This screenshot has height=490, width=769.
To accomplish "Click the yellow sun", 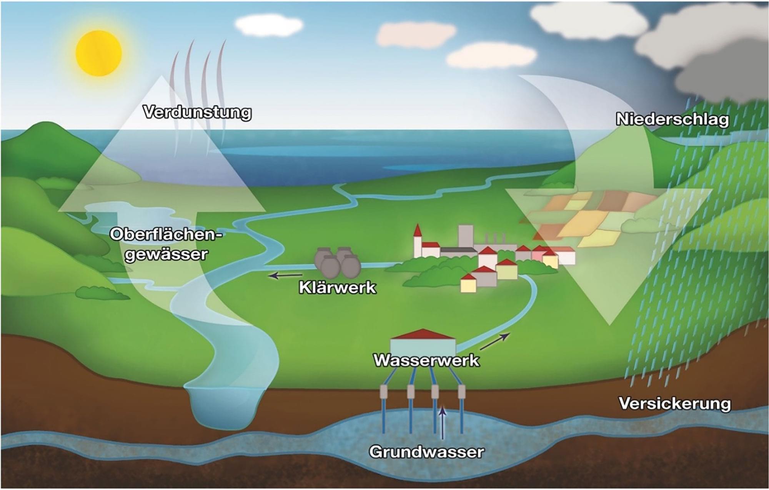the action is pos(99,53).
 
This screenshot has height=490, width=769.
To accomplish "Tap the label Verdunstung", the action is pos(197,113).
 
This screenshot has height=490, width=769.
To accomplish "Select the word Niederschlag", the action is pos(672,119).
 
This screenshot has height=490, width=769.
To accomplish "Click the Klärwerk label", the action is pos(337,287).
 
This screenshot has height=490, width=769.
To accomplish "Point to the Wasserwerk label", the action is pos(426,360).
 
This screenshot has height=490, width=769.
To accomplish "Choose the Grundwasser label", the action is pos(426,452).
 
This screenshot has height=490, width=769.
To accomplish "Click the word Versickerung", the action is pos(675,404).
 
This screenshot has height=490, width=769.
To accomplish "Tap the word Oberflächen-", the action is pos(166,234).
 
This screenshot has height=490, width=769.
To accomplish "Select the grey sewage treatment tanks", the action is pos(337,262).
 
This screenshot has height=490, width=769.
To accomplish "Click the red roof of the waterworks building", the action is pos(423,334).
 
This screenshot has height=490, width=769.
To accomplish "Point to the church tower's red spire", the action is pos(418,231).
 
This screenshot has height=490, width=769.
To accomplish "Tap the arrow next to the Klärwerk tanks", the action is pos(285,275).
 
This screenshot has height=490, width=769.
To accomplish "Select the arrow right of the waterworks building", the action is pos(495,341).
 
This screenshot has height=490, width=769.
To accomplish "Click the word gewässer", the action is pos(166,254).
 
